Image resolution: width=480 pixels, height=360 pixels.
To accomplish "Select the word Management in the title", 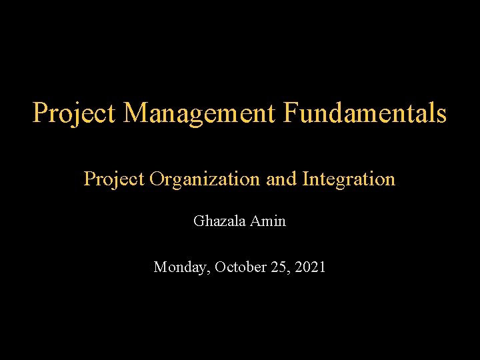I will coord(199,113).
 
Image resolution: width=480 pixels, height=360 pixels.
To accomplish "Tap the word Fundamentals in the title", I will coord(365,113).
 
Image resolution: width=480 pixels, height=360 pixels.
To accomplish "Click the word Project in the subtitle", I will coord(115,179).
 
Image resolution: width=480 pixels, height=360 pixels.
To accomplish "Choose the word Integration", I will coord(349,179).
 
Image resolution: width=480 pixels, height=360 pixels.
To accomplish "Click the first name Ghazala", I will coord(219,221).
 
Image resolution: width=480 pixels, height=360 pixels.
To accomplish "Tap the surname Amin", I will coord(269,221).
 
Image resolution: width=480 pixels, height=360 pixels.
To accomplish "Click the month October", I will coord(239,267).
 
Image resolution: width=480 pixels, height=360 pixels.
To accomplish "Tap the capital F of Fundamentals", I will coord(289,113).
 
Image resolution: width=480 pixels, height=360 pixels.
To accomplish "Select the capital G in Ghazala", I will coord(199,221).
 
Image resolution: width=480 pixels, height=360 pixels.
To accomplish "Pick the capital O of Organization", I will coord(157,179).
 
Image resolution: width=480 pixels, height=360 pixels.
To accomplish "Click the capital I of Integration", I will coord(305,179).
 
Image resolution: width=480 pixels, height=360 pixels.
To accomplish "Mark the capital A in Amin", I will coord(257,221).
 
